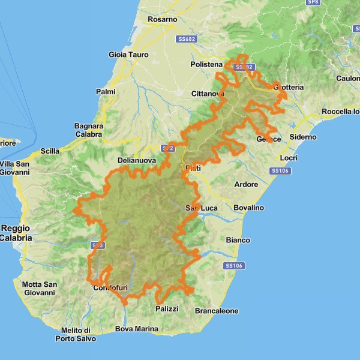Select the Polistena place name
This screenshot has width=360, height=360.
206,64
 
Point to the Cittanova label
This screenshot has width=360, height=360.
208,94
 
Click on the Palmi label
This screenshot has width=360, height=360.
106,91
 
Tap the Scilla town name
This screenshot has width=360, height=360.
50,152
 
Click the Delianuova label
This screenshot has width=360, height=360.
136,161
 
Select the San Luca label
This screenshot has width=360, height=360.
200,208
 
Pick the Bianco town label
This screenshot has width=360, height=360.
238,240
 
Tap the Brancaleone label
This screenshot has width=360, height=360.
217,311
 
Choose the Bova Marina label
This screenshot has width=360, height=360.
137,329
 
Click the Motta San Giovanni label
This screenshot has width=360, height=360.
39,289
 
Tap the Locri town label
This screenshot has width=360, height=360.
289,158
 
